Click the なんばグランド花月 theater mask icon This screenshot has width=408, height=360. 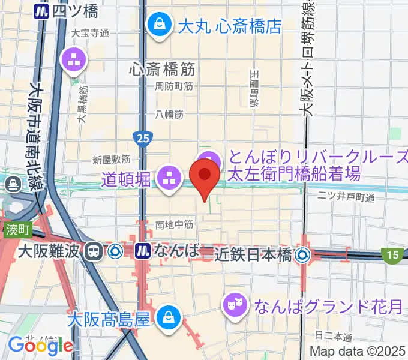pyautogui.click(x=232, y=305)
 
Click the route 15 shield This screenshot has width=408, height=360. pyautogui.click(x=392, y=256)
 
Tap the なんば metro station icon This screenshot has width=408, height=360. pyautogui.click(x=143, y=250)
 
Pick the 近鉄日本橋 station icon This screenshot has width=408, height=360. pyautogui.click(x=301, y=254)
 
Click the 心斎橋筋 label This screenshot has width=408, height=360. pyautogui.click(x=162, y=69)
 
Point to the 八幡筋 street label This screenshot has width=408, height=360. pyautogui.click(x=170, y=114)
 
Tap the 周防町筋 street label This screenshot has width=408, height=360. pyautogui.click(x=174, y=86)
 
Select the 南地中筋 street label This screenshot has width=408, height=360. pyautogui.click(x=174, y=224)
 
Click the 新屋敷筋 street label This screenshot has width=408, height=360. pyautogui.click(x=112, y=160)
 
